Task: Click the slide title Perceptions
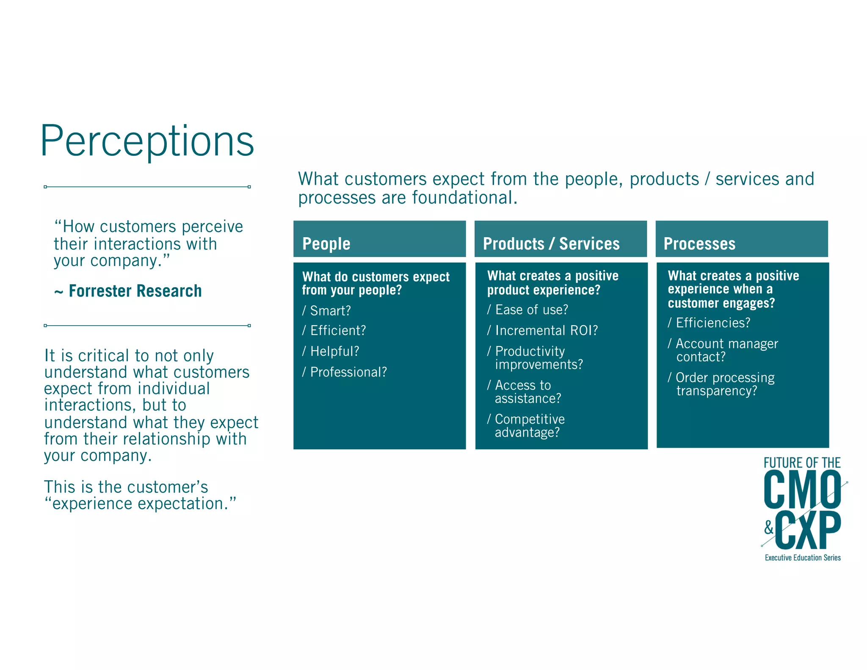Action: (x=147, y=141)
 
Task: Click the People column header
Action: (x=326, y=244)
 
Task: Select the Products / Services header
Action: (x=551, y=244)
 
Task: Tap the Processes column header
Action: (x=699, y=244)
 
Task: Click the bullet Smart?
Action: (x=330, y=310)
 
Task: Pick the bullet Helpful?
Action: (x=334, y=351)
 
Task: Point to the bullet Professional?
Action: (x=348, y=372)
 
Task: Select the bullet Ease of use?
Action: (x=531, y=310)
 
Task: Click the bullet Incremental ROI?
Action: (x=546, y=330)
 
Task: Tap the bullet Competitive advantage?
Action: (x=529, y=426)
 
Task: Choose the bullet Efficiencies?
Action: (x=712, y=323)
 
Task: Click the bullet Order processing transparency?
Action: (x=724, y=384)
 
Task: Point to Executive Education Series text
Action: (x=802, y=558)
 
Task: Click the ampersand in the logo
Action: (x=769, y=528)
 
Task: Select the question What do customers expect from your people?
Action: (x=375, y=283)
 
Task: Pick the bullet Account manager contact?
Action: (x=726, y=350)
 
